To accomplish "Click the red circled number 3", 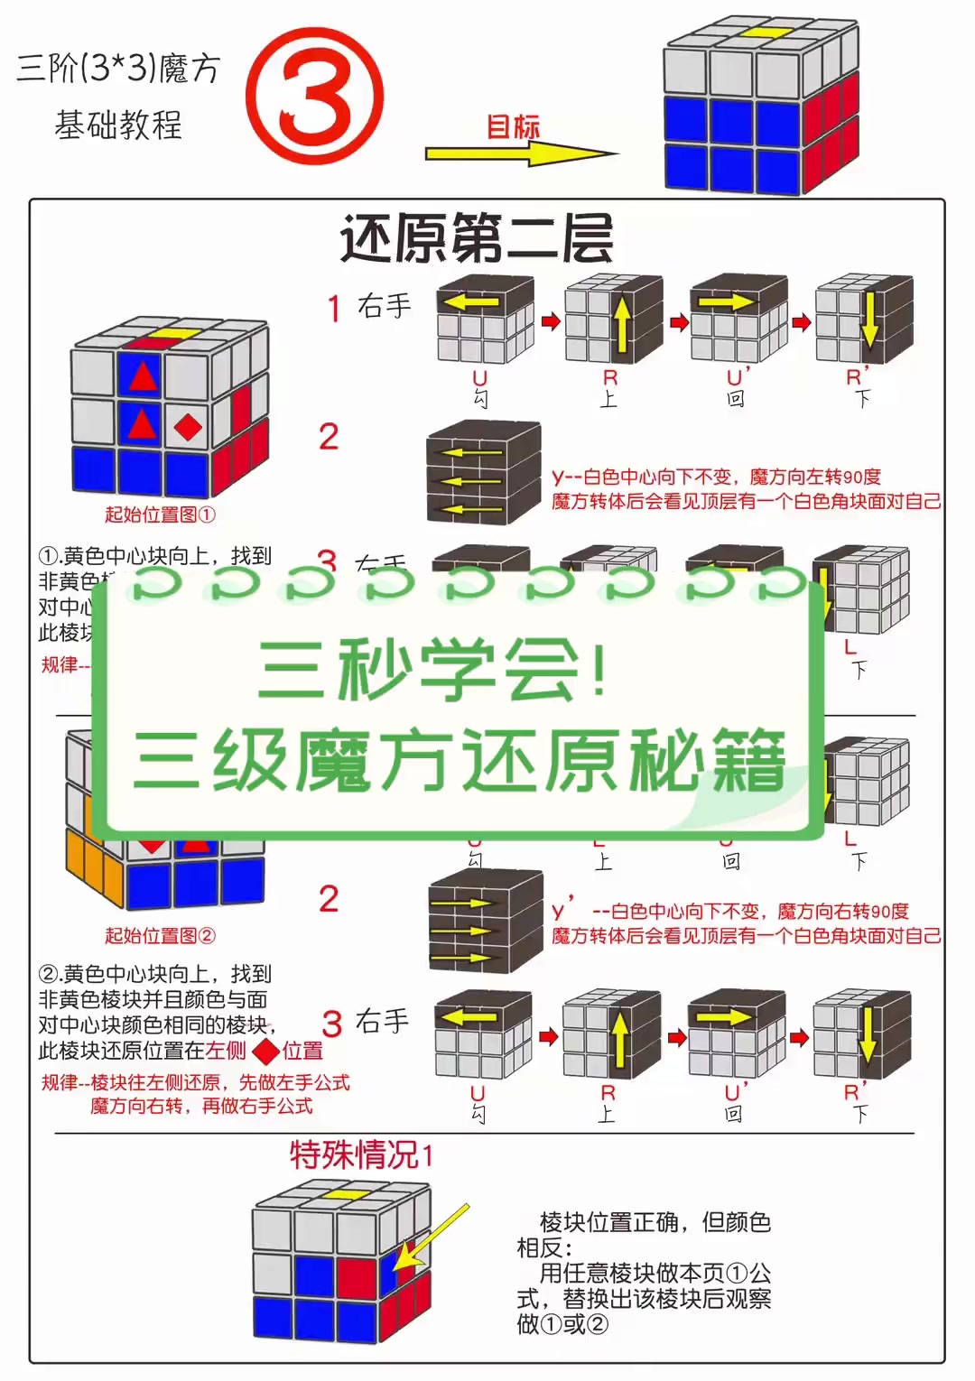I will pos(314,96).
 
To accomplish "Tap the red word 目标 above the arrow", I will pos(513,126).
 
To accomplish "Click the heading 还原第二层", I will pos(477,239).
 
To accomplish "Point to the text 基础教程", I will pos(118,125).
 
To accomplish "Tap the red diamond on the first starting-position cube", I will pos(188,426).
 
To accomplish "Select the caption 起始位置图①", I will pos(160,514).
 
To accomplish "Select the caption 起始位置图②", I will pos(160,935).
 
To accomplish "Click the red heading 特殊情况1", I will pos(361,1154).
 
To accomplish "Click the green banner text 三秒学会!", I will pos(433,670).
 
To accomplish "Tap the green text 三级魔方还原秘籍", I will pos(459,761).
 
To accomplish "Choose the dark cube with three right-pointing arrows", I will pos(486,921).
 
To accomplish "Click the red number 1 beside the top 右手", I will pos(333,309).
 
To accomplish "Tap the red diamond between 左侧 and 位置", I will pos(265,1052).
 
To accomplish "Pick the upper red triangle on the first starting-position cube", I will pos(142,375).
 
